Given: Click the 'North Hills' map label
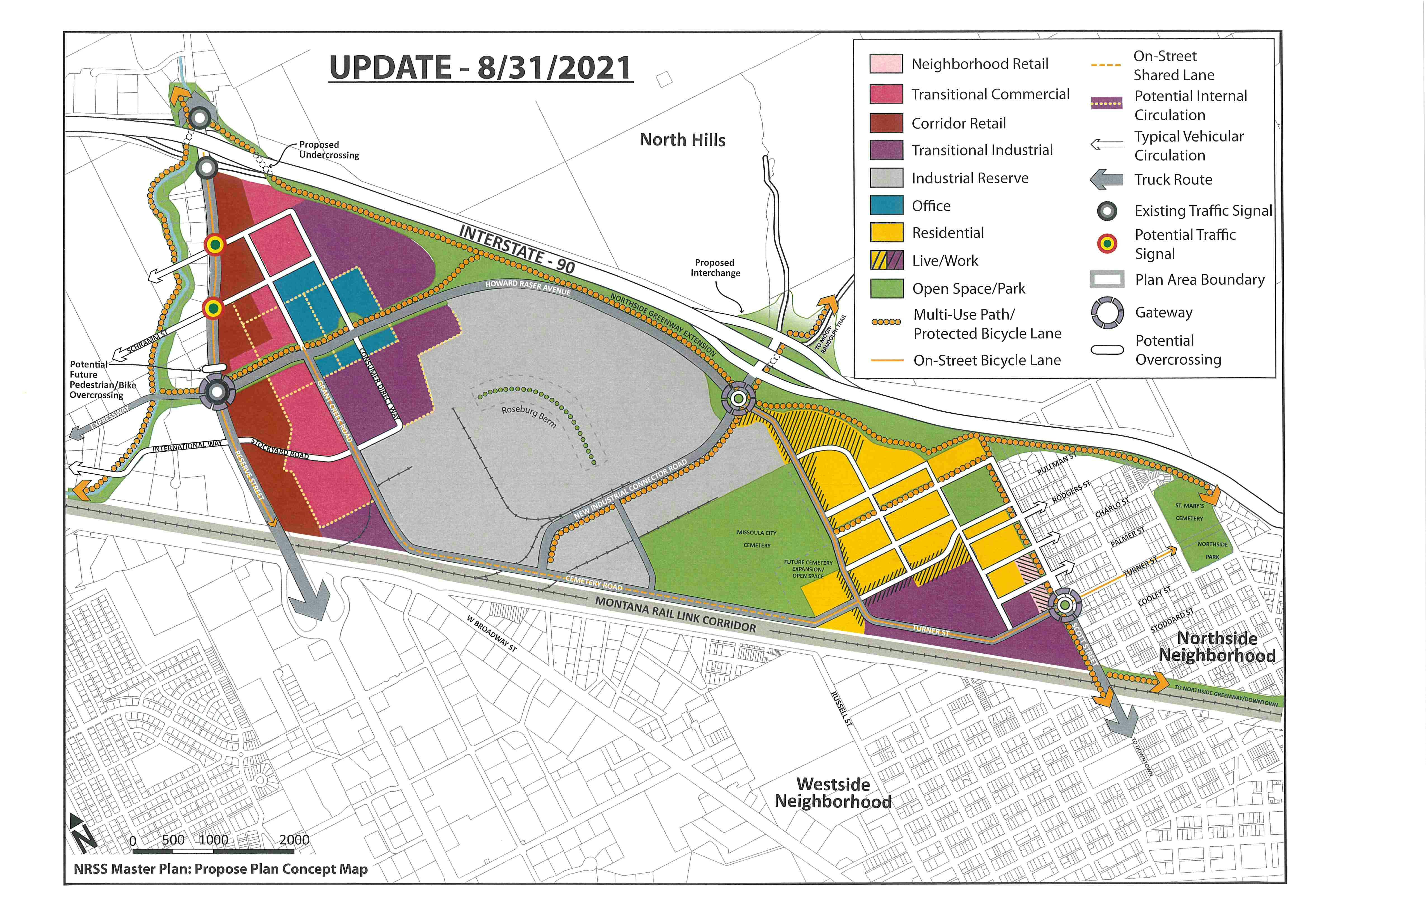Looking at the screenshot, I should (683, 140).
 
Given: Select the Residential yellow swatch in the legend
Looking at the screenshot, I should (886, 232).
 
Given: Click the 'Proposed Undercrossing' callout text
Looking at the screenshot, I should (329, 150).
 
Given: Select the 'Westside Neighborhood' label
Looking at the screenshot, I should (833, 793).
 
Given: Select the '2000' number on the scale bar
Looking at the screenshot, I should (294, 840).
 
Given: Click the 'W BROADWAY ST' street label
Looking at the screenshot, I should (491, 633).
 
